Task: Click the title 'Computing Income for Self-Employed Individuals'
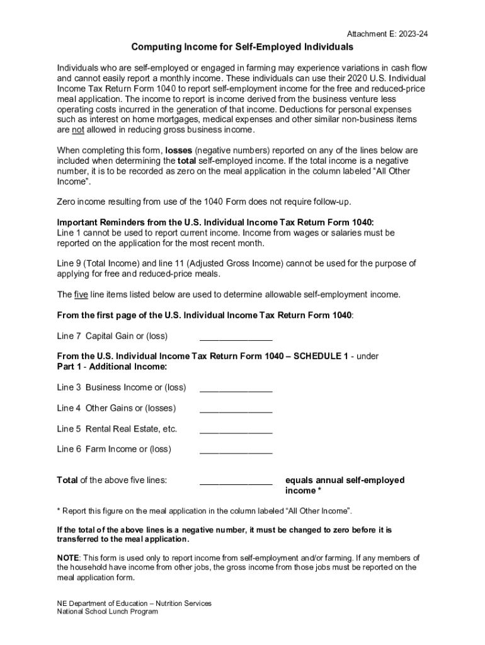pyautogui.click(x=242, y=47)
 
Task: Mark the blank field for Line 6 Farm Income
pyautogui.click(x=236, y=449)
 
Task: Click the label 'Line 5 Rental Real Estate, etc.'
pyautogui.click(x=117, y=429)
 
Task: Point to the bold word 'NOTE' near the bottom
pyautogui.click(x=68, y=558)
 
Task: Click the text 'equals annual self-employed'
pyautogui.click(x=345, y=480)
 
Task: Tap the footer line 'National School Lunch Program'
pyautogui.click(x=107, y=612)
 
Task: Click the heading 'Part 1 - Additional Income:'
pyautogui.click(x=111, y=366)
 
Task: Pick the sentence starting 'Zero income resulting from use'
pyautogui.click(x=202, y=202)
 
